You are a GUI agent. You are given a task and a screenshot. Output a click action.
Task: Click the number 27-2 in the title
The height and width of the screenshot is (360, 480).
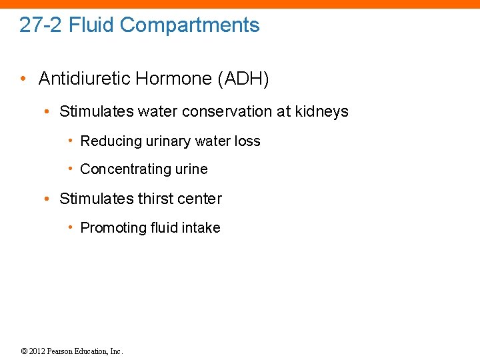(x=41, y=25)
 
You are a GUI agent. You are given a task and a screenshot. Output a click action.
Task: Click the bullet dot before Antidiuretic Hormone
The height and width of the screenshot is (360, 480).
(x=23, y=79)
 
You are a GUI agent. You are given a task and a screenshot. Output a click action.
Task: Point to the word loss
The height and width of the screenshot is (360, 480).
(x=247, y=141)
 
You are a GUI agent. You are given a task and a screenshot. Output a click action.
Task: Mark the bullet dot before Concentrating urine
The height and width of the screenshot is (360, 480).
(x=70, y=169)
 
